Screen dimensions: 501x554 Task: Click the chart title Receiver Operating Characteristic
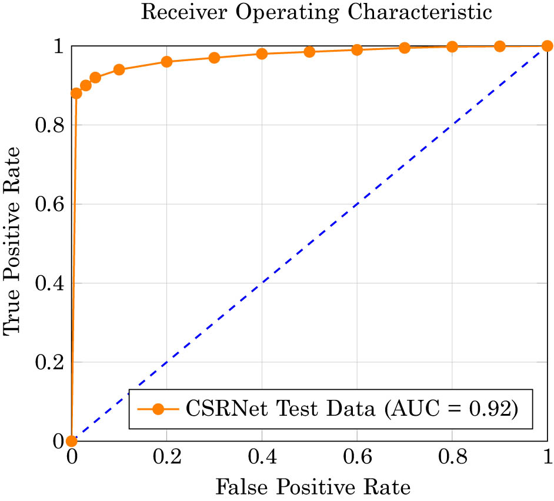coord(316,13)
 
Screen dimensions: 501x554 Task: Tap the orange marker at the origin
coord(72,441)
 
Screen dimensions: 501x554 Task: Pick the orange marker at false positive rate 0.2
coord(166,62)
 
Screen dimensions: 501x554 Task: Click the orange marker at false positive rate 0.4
coord(262,54)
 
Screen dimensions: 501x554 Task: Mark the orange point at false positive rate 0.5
coord(309,52)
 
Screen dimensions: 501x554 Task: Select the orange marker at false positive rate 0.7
coord(405,48)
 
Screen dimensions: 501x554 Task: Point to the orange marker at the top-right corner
coord(547,46)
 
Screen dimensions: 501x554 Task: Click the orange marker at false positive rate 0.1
coord(119,69)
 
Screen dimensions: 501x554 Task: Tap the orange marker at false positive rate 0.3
coord(214,58)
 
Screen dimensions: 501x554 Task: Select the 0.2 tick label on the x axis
coord(166,457)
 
